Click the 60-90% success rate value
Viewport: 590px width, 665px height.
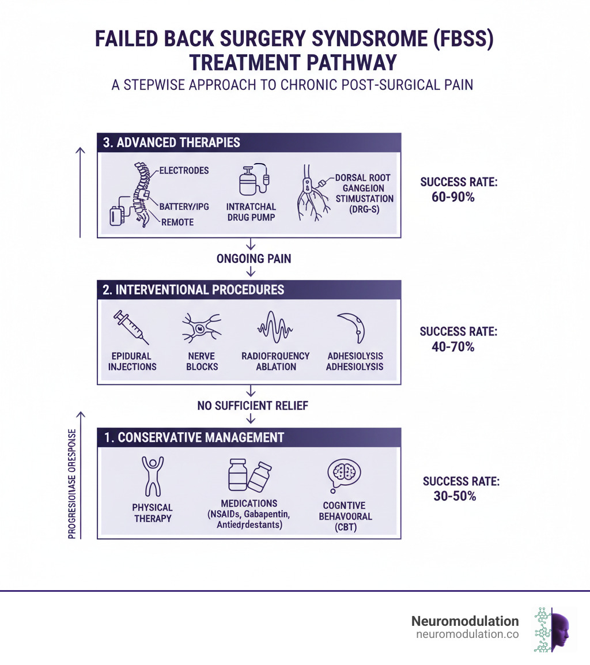click(x=452, y=197)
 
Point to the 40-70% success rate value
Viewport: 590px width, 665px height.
click(x=452, y=347)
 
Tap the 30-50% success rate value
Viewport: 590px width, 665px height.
click(x=455, y=496)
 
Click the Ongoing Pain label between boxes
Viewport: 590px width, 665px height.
click(x=254, y=259)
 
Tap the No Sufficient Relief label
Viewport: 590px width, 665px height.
click(x=252, y=406)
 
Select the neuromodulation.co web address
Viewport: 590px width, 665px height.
click(x=467, y=634)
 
